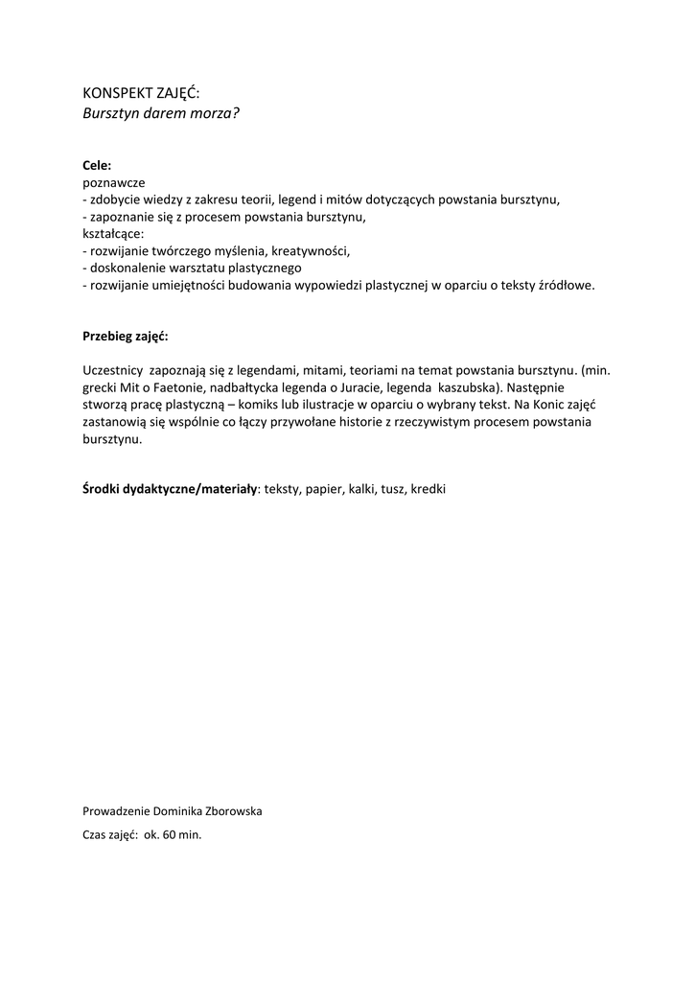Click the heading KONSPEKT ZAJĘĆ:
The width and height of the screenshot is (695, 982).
click(x=141, y=93)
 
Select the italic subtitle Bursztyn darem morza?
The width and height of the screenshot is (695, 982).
click(x=160, y=112)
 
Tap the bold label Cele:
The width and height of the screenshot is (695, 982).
click(x=97, y=165)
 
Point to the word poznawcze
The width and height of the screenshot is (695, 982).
click(x=114, y=182)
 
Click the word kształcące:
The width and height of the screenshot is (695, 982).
click(x=113, y=233)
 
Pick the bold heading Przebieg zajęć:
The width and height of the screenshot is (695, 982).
click(x=126, y=337)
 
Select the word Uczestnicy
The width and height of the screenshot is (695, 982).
click(x=113, y=370)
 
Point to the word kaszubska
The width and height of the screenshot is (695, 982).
click(x=465, y=387)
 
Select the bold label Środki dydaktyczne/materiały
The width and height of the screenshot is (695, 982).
click(x=170, y=489)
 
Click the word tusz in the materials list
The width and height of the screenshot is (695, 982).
click(x=393, y=489)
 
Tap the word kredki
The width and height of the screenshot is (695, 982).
click(x=428, y=489)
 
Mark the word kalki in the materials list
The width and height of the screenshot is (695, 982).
click(x=360, y=489)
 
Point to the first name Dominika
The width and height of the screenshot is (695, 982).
click(x=173, y=811)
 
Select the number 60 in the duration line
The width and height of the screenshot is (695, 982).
click(x=170, y=834)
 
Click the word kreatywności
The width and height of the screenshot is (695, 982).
click(x=311, y=250)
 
